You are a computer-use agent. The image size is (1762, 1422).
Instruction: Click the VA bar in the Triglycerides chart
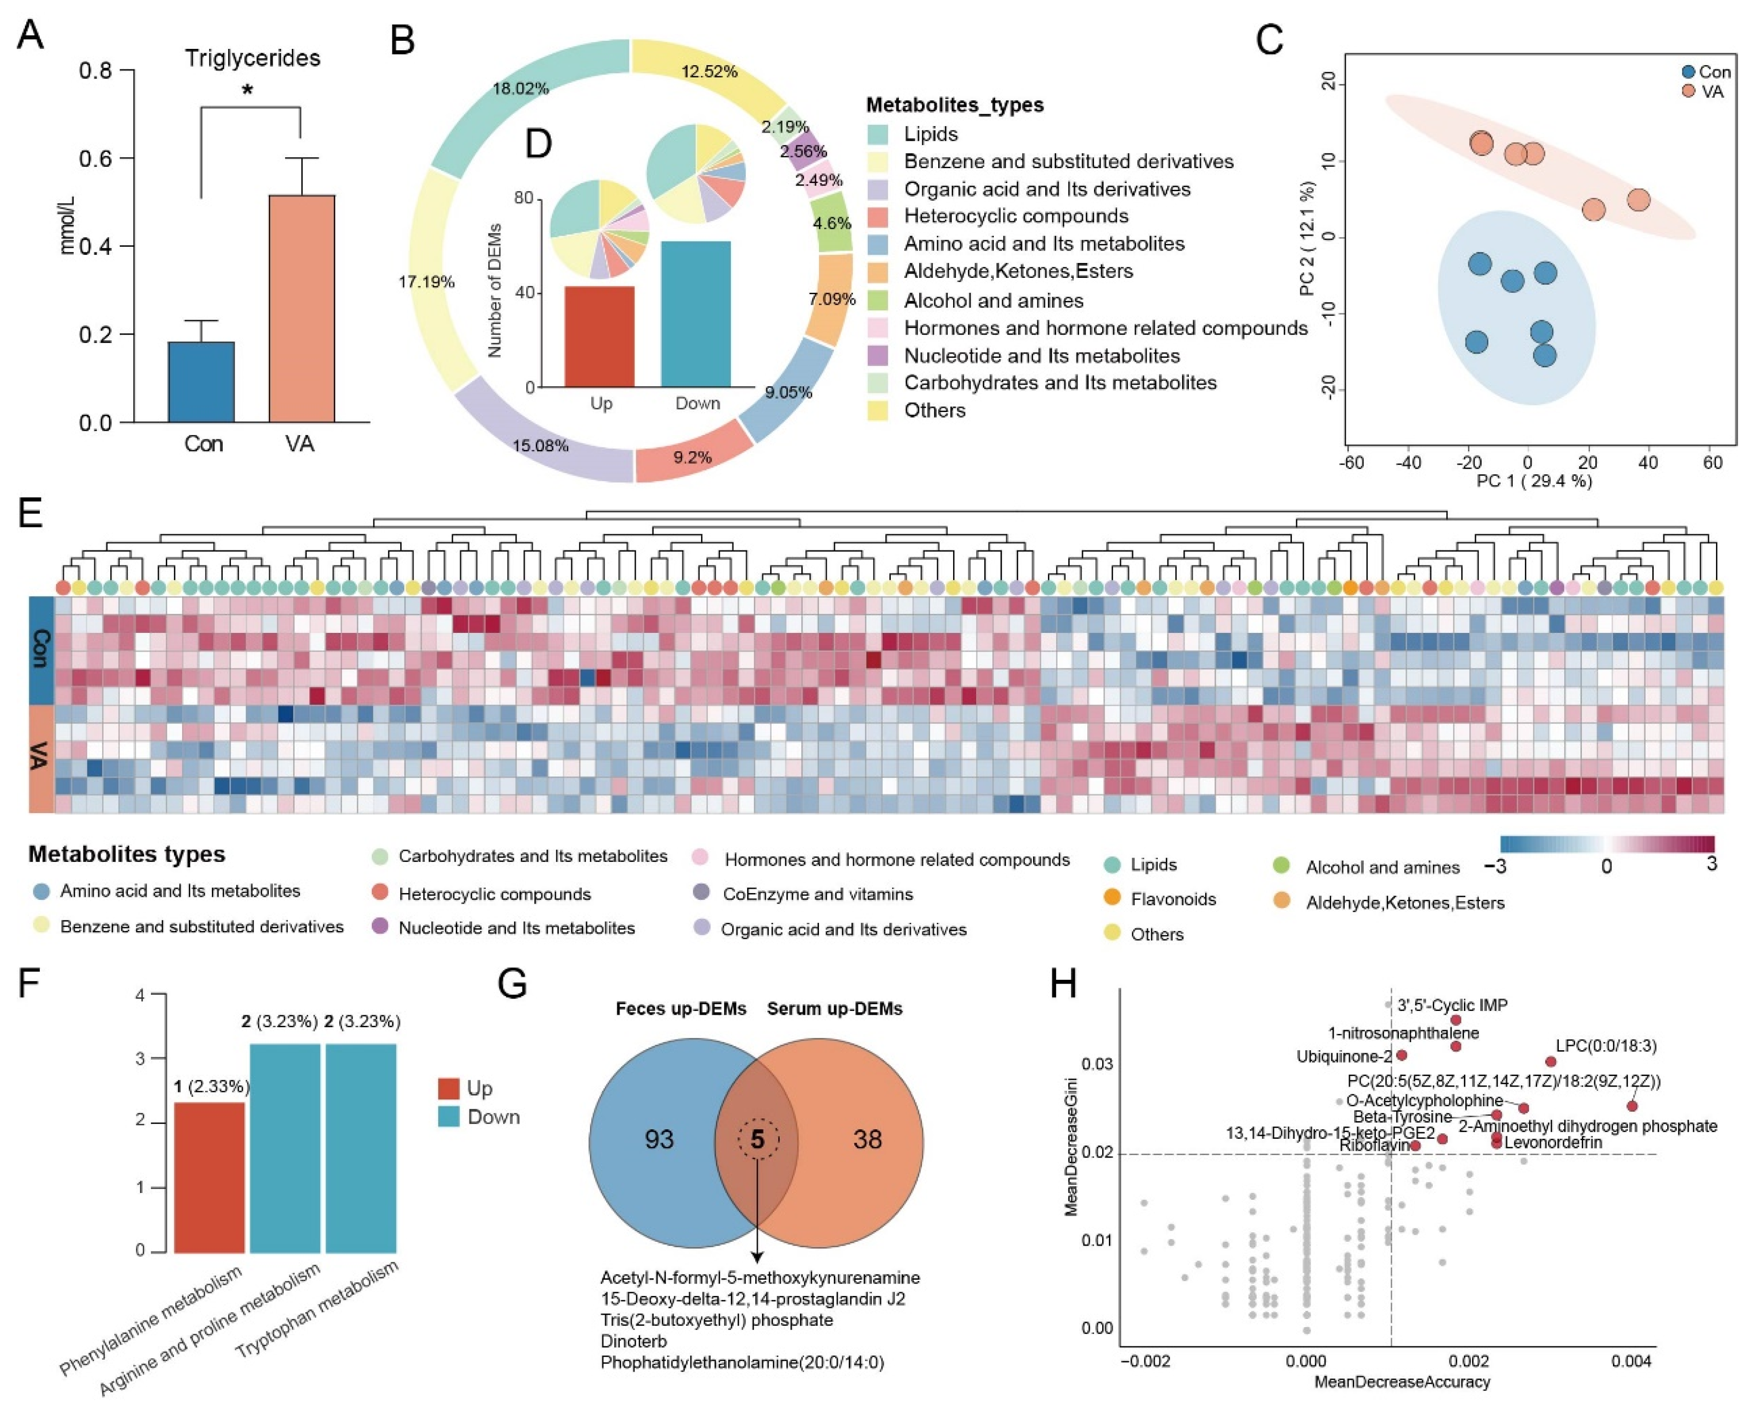[x=301, y=309]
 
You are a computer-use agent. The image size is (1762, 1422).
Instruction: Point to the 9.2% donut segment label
[x=692, y=457]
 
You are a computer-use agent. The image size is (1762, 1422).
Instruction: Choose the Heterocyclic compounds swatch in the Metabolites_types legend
[x=878, y=216]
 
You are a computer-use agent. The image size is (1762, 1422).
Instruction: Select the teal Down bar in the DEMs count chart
[x=695, y=314]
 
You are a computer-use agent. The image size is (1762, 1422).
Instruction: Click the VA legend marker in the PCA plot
[x=1688, y=91]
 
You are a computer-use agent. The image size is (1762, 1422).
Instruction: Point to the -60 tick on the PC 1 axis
[x=1352, y=463]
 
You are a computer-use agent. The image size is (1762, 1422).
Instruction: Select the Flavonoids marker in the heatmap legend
[x=1112, y=899]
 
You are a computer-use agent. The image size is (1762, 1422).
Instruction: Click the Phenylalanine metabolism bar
[x=210, y=1177]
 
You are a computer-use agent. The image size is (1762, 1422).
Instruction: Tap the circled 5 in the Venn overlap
[x=758, y=1139]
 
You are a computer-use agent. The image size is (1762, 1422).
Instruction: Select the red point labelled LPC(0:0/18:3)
[x=1551, y=1062]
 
